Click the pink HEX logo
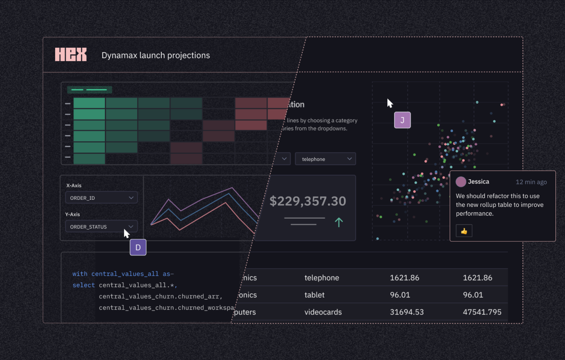(x=71, y=54)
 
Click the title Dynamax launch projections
(x=156, y=55)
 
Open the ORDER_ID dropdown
(x=101, y=198)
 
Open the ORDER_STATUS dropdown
(x=101, y=227)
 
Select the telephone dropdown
(x=325, y=159)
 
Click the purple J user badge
(x=402, y=120)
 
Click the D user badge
(x=138, y=247)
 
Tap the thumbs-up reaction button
(x=464, y=231)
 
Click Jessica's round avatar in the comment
(x=461, y=182)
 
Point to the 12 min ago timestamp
(x=531, y=182)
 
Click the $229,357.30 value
(x=308, y=201)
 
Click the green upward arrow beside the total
(x=339, y=222)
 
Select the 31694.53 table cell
(x=406, y=312)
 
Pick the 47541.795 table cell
(x=482, y=312)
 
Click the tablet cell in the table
(x=314, y=295)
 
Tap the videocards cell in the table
(x=323, y=312)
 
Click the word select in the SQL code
(x=84, y=285)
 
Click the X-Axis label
(x=74, y=185)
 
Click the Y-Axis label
(x=72, y=214)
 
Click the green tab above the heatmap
(x=89, y=90)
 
